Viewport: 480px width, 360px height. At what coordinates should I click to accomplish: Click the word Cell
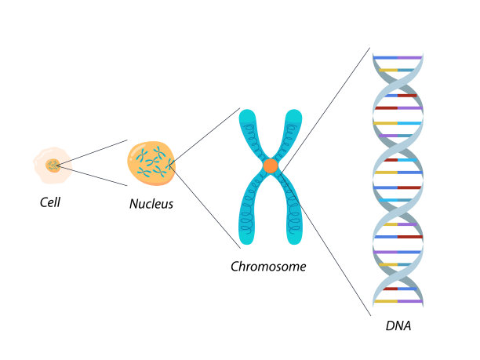point(50,202)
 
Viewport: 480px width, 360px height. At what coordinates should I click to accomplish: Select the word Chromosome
point(268,267)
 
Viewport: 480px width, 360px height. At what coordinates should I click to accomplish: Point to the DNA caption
point(398,325)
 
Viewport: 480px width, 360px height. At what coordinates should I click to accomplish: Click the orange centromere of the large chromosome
point(271,165)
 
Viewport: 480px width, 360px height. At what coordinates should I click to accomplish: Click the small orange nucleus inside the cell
point(53,165)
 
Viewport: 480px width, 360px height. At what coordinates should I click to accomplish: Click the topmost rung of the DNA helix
point(398,57)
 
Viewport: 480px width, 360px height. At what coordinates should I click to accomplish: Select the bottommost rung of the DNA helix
point(398,301)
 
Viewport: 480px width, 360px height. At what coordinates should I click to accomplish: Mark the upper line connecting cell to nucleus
point(92,152)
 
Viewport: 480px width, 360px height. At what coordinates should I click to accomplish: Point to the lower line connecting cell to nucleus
point(92,175)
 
